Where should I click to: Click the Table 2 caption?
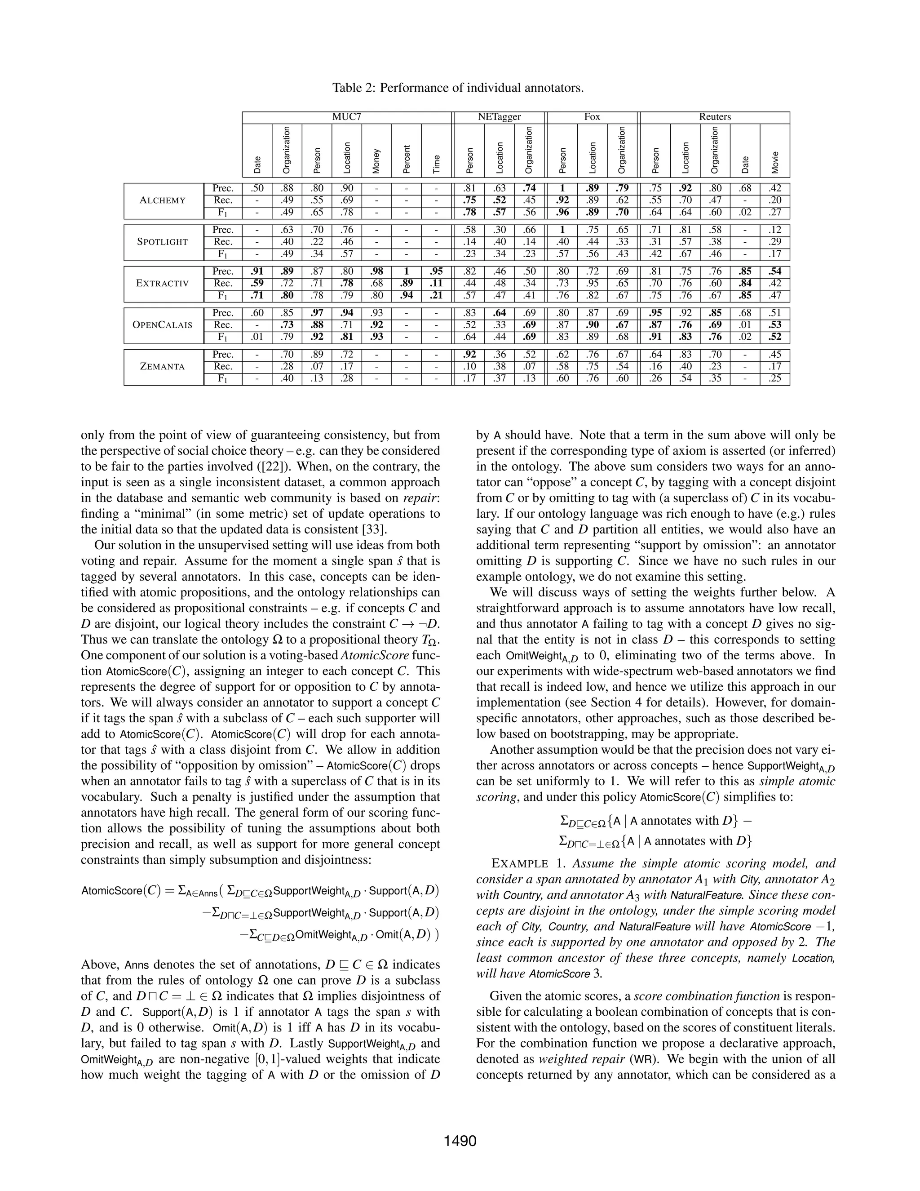coord(460,88)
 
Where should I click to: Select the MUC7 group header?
coord(347,117)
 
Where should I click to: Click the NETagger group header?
coord(499,117)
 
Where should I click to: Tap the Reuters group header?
coord(715,117)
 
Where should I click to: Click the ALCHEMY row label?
coord(163,200)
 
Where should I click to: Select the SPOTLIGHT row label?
coord(163,242)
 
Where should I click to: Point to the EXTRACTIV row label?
coord(163,284)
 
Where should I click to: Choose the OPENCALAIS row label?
coord(163,325)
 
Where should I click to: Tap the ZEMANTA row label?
coord(163,366)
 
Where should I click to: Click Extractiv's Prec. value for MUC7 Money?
coord(376,271)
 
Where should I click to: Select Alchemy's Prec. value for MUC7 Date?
coord(257,189)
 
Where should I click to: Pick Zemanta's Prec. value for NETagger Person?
coord(469,355)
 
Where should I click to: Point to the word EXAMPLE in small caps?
coord(519,864)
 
